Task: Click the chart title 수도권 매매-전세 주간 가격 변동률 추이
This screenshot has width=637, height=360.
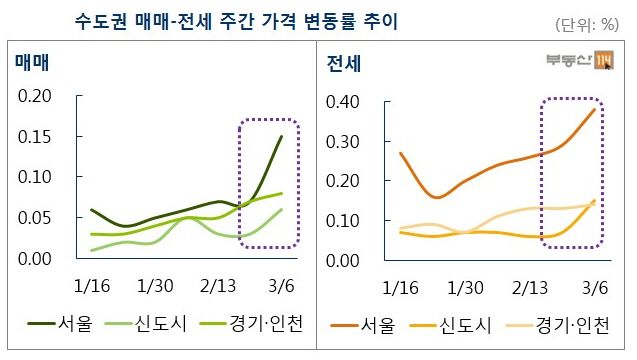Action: pyautogui.click(x=236, y=21)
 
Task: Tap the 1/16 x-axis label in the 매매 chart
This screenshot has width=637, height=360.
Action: pyautogui.click(x=92, y=287)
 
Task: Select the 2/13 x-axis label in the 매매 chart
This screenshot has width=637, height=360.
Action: pyautogui.click(x=218, y=287)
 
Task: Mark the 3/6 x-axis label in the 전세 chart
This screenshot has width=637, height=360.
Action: pyautogui.click(x=594, y=287)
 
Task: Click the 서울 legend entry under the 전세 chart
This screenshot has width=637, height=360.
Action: pyautogui.click(x=375, y=325)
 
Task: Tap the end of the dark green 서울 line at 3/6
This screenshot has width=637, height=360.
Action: pyautogui.click(x=281, y=137)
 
